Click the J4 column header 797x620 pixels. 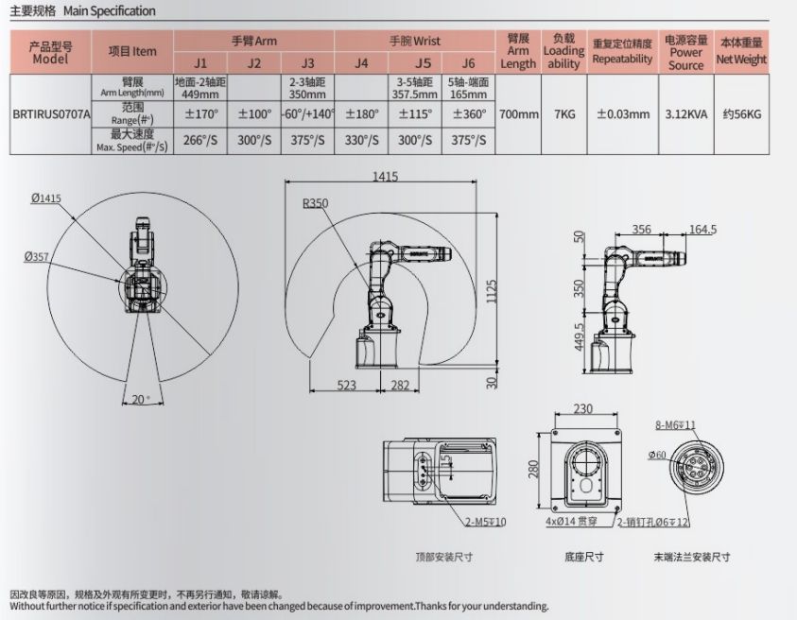tap(361, 63)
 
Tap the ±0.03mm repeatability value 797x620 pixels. tap(623, 114)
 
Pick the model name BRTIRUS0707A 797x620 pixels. tap(51, 114)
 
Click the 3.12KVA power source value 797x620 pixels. tap(686, 114)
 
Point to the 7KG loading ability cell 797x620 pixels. tap(563, 114)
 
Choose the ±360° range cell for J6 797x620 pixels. tap(468, 114)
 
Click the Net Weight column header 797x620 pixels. tap(740, 52)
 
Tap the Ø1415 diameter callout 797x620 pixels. tap(45, 198)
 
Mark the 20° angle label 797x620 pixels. tap(140, 399)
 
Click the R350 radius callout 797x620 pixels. tap(315, 203)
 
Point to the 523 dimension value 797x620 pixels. tap(346, 385)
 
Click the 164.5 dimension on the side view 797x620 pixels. tap(702, 229)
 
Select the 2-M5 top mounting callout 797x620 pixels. tap(484, 522)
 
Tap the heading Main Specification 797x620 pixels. tap(109, 11)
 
